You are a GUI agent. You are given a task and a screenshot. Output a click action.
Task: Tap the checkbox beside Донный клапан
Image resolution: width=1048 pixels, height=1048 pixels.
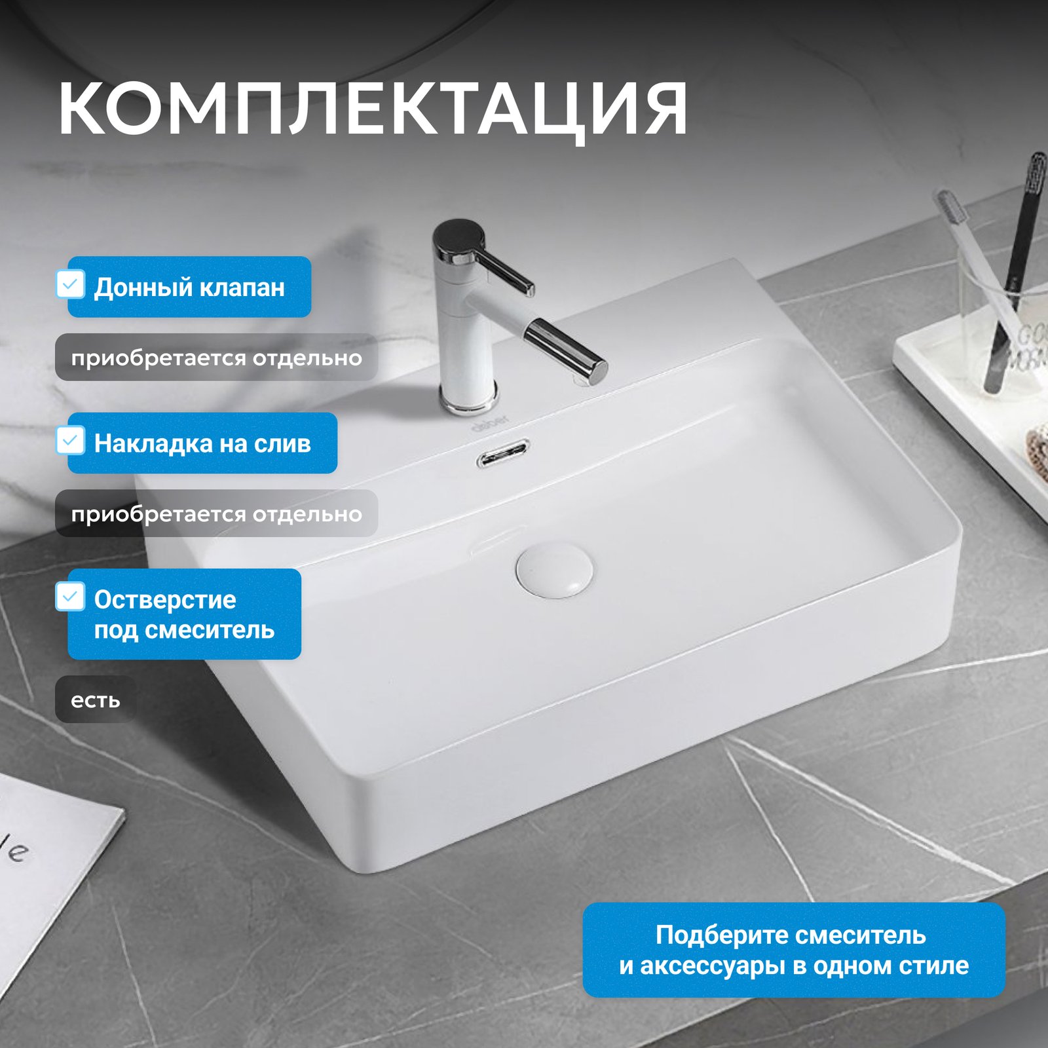pos(70,284)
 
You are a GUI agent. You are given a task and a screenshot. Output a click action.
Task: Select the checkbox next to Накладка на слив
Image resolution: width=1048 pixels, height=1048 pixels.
pos(70,440)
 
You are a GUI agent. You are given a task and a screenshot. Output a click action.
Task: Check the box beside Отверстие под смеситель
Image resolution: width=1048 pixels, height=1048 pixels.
pos(70,596)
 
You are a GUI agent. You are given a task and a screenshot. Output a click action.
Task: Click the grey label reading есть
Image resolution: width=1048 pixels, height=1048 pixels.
pos(96,700)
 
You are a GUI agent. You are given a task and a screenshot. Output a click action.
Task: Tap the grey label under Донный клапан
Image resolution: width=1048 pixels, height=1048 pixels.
pos(216,358)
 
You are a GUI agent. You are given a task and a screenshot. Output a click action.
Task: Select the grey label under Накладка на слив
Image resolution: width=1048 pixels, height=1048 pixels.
pos(216,514)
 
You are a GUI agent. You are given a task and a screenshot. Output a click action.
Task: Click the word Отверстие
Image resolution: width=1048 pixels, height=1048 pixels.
pos(165,599)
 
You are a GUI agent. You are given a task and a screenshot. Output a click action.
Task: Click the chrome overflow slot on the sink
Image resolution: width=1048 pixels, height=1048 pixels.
pos(503,453)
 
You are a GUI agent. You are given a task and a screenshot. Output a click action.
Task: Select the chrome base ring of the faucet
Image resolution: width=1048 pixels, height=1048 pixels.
pos(468,400)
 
